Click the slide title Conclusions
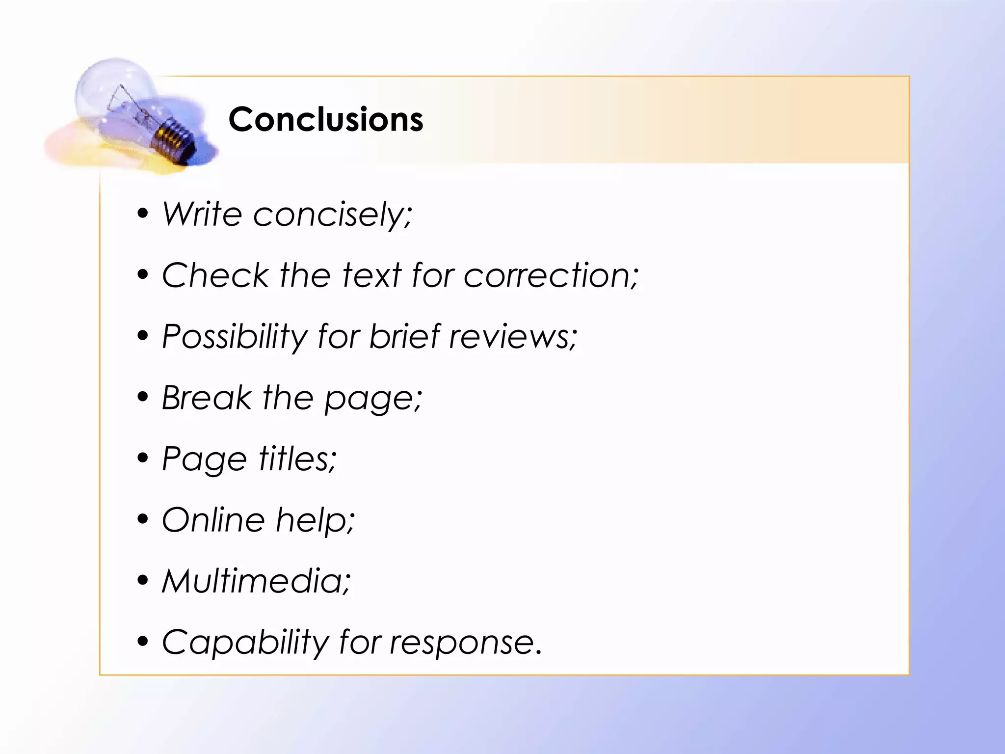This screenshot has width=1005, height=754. tap(326, 120)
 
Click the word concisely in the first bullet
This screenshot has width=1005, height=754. tap(332, 215)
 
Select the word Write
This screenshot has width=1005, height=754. tap(202, 214)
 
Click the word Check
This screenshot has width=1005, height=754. tap(215, 275)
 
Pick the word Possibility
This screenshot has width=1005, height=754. tap(234, 337)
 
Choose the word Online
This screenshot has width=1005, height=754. tap(213, 520)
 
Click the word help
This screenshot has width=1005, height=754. tap(315, 521)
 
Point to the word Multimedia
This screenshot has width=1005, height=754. tap(256, 581)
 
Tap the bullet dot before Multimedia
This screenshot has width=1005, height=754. tap(143, 580)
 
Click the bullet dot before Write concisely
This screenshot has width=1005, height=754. tap(143, 213)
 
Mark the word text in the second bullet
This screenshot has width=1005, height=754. tap(372, 275)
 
